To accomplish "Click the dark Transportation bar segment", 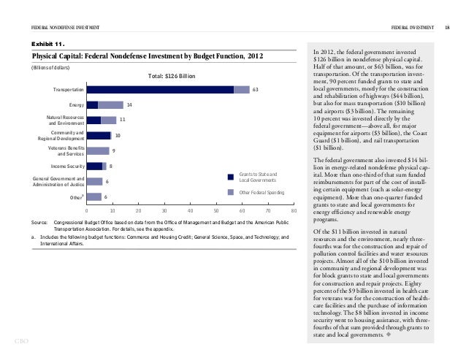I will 159,89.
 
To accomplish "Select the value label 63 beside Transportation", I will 255,89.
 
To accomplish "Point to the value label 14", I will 129,104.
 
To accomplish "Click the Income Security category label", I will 63,166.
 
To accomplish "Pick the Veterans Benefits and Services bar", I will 97,150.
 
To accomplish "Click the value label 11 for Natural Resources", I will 123,120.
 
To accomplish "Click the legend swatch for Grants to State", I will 232,175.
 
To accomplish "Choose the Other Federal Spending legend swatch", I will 232,192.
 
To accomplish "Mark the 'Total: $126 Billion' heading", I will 172,76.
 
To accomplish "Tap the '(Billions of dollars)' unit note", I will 48,67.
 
